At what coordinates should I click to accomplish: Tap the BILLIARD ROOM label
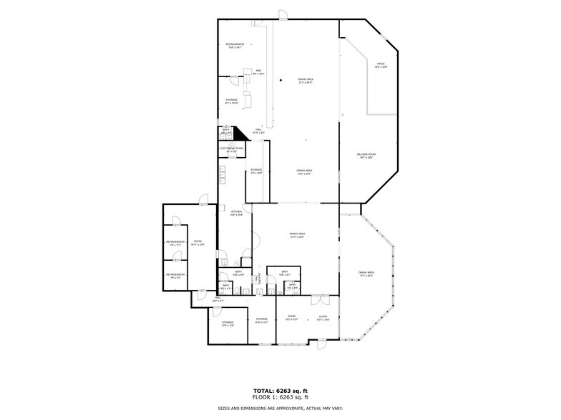tap(367, 156)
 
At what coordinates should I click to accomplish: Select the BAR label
tap(258, 71)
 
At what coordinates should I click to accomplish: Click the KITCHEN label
tap(236, 213)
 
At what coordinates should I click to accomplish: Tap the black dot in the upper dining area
tap(280, 79)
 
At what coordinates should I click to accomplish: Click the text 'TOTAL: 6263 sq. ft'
tap(280, 391)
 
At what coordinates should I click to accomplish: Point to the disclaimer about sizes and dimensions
tap(280, 408)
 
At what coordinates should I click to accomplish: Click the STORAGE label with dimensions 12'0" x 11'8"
tap(227, 324)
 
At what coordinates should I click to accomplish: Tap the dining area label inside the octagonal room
tap(366, 274)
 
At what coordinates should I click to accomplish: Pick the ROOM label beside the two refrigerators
tap(197, 243)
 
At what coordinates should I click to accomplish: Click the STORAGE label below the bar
tap(232, 101)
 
